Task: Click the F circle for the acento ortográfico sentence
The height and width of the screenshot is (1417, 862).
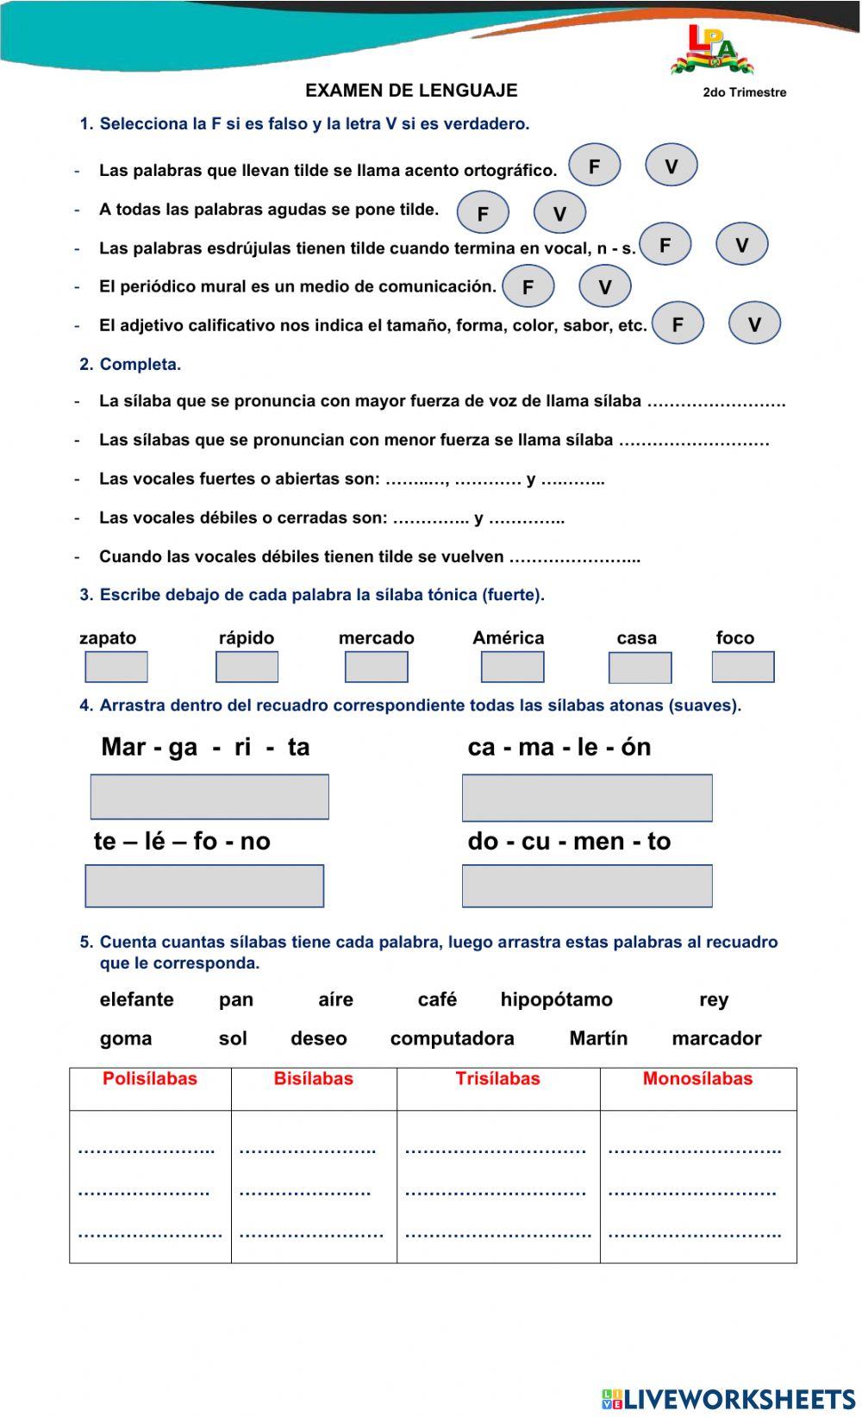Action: pyautogui.click(x=594, y=166)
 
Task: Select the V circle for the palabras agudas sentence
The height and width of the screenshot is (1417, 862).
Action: pyautogui.click(x=559, y=213)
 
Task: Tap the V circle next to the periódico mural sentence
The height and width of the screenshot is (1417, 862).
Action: pyautogui.click(x=604, y=286)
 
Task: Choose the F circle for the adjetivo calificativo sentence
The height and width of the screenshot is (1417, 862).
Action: pyautogui.click(x=678, y=324)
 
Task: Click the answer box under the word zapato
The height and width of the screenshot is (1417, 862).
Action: pyautogui.click(x=116, y=667)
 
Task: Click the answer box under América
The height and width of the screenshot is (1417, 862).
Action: pyautogui.click(x=512, y=667)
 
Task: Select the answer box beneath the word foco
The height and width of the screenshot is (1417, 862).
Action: pyautogui.click(x=743, y=667)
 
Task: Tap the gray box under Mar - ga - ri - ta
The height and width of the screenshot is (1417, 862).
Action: pyautogui.click(x=209, y=796)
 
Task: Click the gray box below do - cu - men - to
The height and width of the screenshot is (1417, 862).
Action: pyautogui.click(x=587, y=886)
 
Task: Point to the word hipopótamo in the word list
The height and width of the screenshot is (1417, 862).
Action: pyautogui.click(x=556, y=1000)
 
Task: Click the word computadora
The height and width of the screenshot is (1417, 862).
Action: pyautogui.click(x=452, y=1038)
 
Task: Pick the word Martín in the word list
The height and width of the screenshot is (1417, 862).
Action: pyautogui.click(x=598, y=1038)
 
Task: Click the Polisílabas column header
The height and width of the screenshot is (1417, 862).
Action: pyautogui.click(x=150, y=1079)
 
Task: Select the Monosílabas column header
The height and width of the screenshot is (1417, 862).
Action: pyautogui.click(x=697, y=1079)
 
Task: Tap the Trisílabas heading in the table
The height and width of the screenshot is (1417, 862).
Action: pyautogui.click(x=497, y=1079)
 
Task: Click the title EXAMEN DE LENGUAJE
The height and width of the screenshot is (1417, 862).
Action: pyautogui.click(x=411, y=91)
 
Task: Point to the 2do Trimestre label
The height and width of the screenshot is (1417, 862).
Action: pyautogui.click(x=744, y=92)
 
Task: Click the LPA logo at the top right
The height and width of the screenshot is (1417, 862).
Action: pyautogui.click(x=711, y=50)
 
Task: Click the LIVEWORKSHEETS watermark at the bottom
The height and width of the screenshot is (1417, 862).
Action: pyautogui.click(x=728, y=1398)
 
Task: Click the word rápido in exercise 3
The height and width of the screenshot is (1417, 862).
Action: pyautogui.click(x=247, y=638)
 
